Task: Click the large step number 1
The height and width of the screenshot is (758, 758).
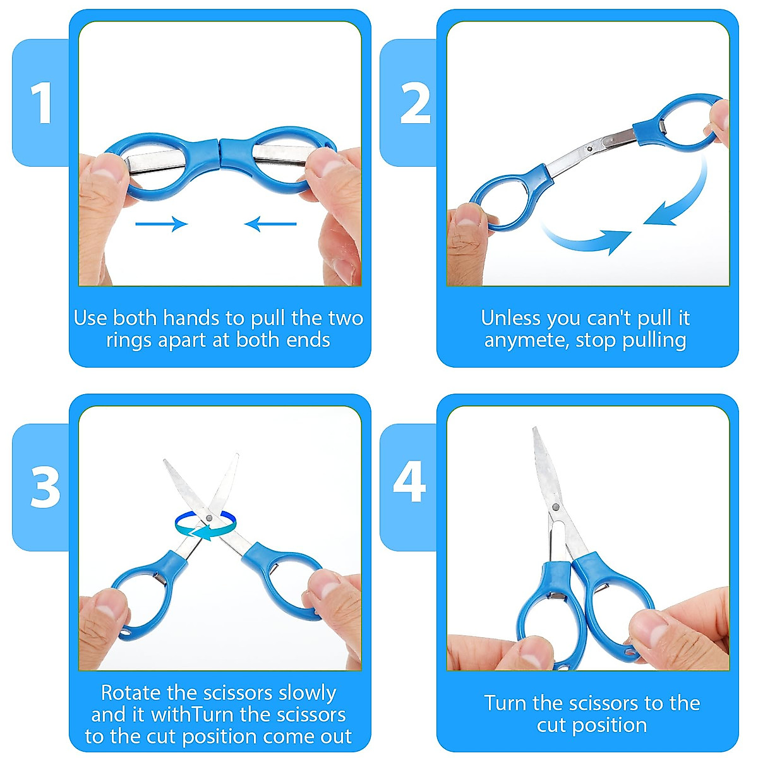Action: coord(42,103)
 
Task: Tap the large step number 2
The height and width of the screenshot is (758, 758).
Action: coord(414,103)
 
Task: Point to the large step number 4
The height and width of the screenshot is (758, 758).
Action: coord(409,482)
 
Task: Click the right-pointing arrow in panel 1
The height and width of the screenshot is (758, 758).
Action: coord(162,224)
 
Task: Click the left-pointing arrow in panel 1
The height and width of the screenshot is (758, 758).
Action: coord(270,224)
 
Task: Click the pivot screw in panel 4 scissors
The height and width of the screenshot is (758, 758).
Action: coord(555,507)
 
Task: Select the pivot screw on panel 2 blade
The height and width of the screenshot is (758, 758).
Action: coord(589,149)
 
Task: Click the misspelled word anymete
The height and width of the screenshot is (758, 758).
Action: coord(526,341)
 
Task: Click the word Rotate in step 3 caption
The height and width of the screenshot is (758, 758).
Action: coord(131,693)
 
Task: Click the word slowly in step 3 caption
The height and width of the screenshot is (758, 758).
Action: coord(307,693)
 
